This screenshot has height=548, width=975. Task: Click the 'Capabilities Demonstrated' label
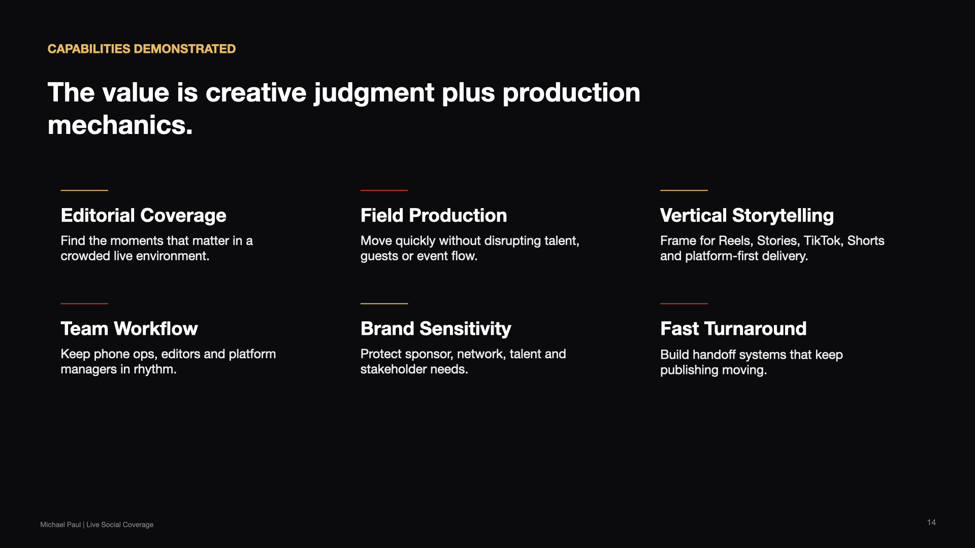pyautogui.click(x=142, y=49)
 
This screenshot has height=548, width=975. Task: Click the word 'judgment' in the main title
pyautogui.click(x=374, y=94)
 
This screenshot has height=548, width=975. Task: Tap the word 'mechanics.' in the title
pyautogui.click(x=120, y=125)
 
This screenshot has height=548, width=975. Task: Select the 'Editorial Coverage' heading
pyautogui.click(x=144, y=216)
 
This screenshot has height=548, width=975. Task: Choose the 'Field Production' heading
pyautogui.click(x=434, y=216)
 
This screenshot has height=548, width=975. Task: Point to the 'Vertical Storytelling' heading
pyautogui.click(x=747, y=216)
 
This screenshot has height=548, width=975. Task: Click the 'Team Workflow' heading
pyautogui.click(x=129, y=329)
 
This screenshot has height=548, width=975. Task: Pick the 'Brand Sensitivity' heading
pyautogui.click(x=436, y=329)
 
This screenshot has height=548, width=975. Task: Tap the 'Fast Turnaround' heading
pyautogui.click(x=733, y=329)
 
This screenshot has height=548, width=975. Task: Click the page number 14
pyautogui.click(x=931, y=522)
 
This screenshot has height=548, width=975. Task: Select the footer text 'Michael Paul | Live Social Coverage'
pyautogui.click(x=97, y=525)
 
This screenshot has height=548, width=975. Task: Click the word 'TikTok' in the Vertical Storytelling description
pyautogui.click(x=823, y=241)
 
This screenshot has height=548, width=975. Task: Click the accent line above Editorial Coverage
pyautogui.click(x=84, y=190)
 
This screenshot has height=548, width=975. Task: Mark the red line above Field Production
pyautogui.click(x=384, y=190)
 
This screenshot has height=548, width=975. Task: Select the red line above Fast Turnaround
pyautogui.click(x=684, y=303)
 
